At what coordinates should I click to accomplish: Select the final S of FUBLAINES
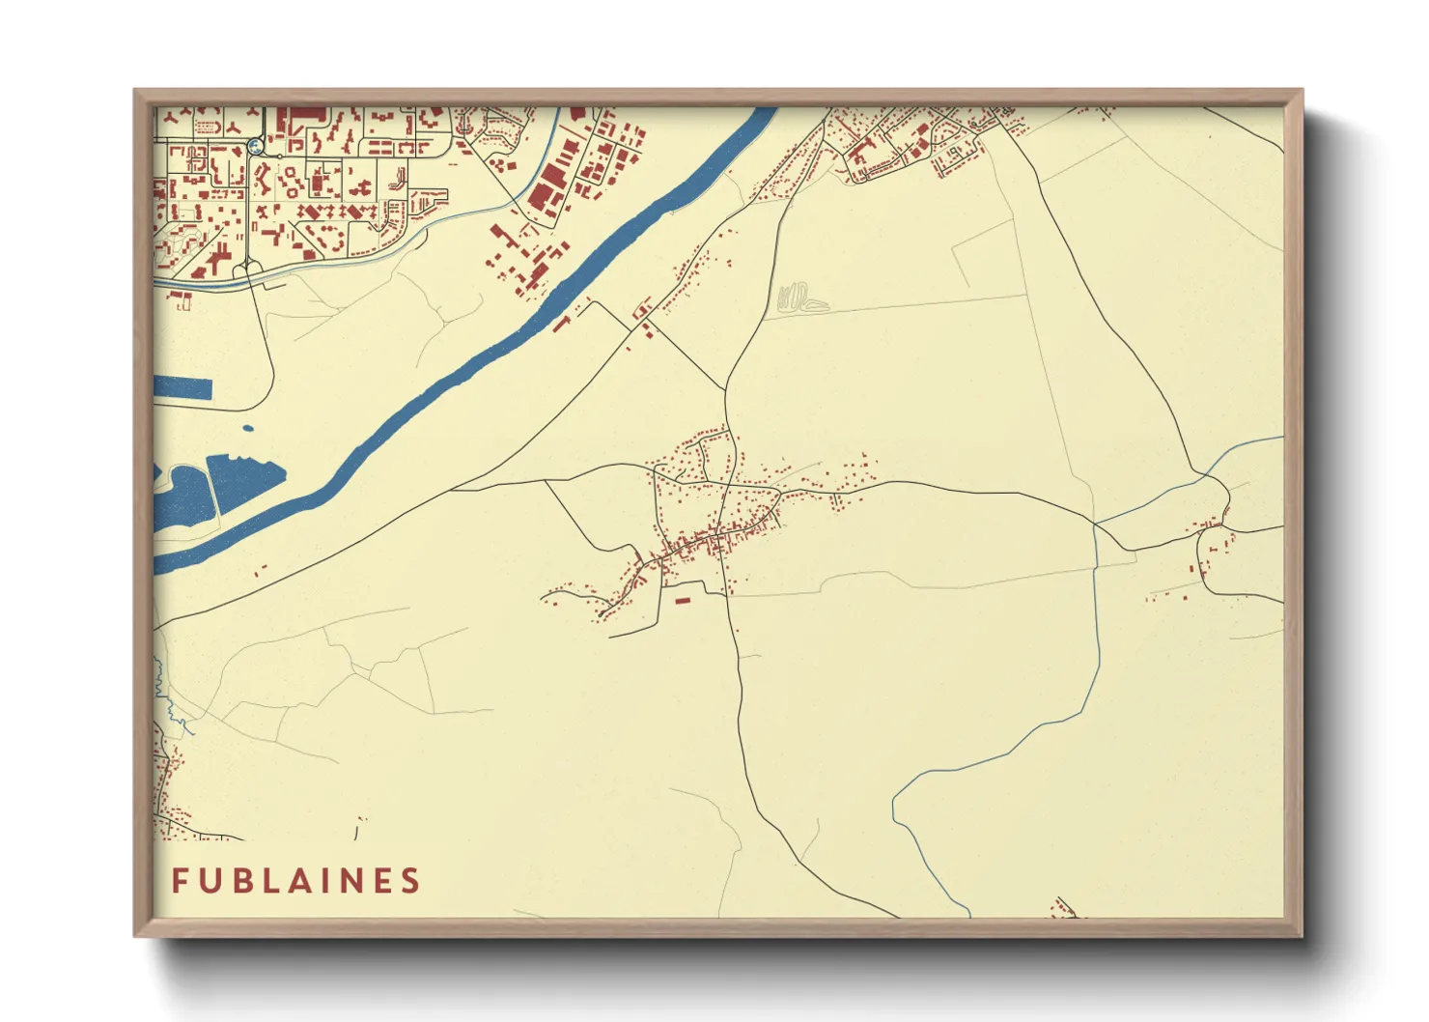(411, 881)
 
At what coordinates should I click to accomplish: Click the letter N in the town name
(353, 881)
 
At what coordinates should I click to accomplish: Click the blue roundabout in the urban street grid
(255, 146)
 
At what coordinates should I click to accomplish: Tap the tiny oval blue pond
(248, 428)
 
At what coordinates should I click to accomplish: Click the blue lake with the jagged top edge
(244, 480)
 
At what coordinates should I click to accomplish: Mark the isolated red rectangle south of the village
(683, 601)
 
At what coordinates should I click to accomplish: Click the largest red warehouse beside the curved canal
(547, 189)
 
